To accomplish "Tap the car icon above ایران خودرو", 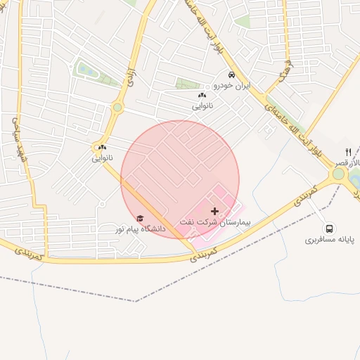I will click(230, 75).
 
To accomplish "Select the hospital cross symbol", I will click(214, 211).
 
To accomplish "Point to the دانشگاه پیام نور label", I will click(141, 229).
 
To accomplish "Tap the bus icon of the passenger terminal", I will click(329, 229).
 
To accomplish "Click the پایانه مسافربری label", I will click(330, 240).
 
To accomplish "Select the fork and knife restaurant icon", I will click(348, 153).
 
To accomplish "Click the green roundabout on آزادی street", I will click(117, 108).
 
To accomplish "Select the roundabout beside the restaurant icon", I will click(340, 174).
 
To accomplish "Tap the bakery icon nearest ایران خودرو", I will click(202, 95).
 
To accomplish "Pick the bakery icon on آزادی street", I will click(103, 147).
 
